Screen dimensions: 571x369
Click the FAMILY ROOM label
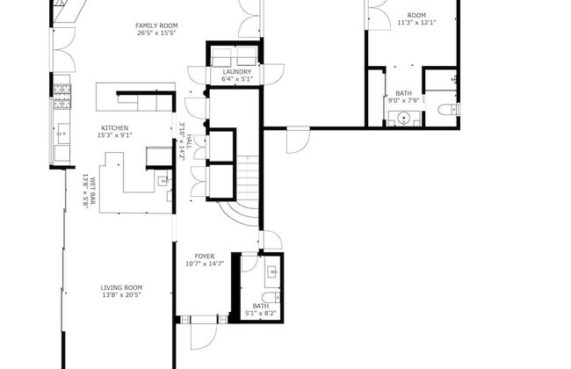pos(156,25)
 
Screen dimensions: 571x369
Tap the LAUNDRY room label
pos(236,72)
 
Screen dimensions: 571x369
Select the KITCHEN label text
pos(115,128)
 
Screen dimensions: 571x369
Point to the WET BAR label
pos(93,191)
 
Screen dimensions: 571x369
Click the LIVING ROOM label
pos(121,287)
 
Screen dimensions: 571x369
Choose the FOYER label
pos(205,257)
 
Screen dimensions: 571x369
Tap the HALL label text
pos(190,141)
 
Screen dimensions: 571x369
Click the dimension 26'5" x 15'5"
pos(156,33)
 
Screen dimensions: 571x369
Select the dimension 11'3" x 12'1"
pos(416,22)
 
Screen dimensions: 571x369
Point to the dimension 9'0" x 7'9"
pos(403,100)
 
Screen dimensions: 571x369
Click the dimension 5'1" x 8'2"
pos(261,313)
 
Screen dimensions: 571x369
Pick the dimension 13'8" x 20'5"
pos(121,294)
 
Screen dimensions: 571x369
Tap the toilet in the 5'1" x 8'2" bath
pos(271,297)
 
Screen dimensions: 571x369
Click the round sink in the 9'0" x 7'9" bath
pos(404,119)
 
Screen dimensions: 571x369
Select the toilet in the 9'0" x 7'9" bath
pos(449,109)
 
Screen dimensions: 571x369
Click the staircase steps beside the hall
pos(247,177)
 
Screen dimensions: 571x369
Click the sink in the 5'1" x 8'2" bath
pos(273,271)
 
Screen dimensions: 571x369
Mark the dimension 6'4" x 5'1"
pos(236,79)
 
